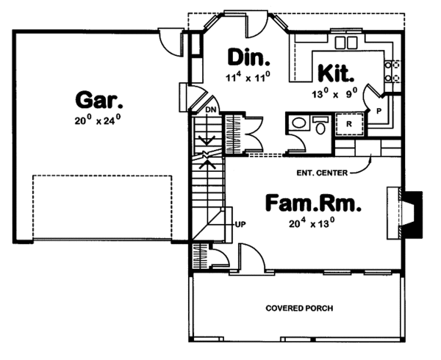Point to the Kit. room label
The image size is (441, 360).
click(x=337, y=73)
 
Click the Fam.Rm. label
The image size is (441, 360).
click(x=312, y=201)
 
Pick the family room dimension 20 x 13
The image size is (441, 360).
click(x=312, y=222)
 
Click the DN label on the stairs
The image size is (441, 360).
click(x=211, y=109)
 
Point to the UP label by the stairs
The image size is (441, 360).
click(x=239, y=224)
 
